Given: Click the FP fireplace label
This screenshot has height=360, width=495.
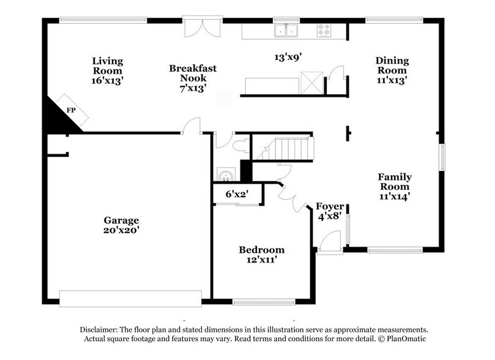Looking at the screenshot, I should click(71, 111).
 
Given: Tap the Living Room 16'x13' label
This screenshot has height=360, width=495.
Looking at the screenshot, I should click(107, 70).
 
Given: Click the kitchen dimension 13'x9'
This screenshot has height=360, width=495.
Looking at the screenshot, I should click(288, 58).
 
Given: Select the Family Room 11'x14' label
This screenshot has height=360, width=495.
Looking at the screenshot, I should click(394, 186).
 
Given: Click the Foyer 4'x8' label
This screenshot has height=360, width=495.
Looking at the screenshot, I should click(329, 211).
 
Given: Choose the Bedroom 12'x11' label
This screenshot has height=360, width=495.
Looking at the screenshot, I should click(261, 254).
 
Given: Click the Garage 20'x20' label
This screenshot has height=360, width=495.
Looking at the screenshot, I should click(121, 225).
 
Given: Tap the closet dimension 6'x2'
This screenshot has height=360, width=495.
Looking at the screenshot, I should click(236, 194).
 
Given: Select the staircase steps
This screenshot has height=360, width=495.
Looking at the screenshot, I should click(291, 148).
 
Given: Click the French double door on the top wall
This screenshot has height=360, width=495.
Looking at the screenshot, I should click(201, 28).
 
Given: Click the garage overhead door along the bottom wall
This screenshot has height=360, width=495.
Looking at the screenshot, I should click(130, 298).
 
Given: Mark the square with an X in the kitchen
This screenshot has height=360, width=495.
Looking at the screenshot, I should click(312, 82).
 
